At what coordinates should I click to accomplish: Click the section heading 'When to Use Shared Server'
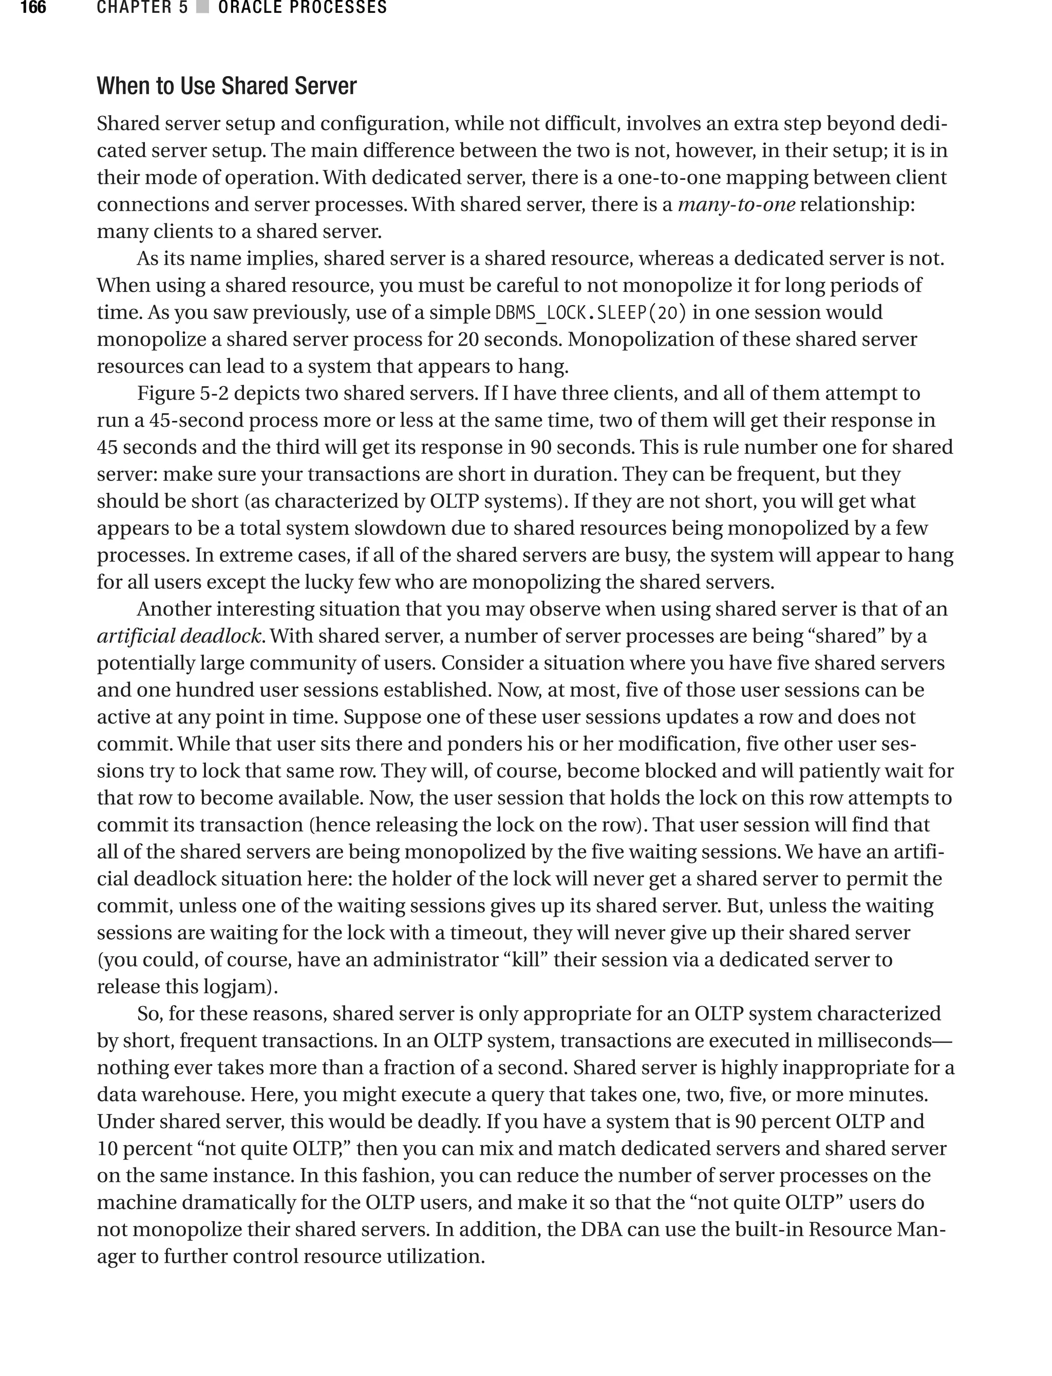click(226, 86)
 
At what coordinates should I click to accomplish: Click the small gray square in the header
click(202, 8)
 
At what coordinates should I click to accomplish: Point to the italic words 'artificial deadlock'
click(179, 636)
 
